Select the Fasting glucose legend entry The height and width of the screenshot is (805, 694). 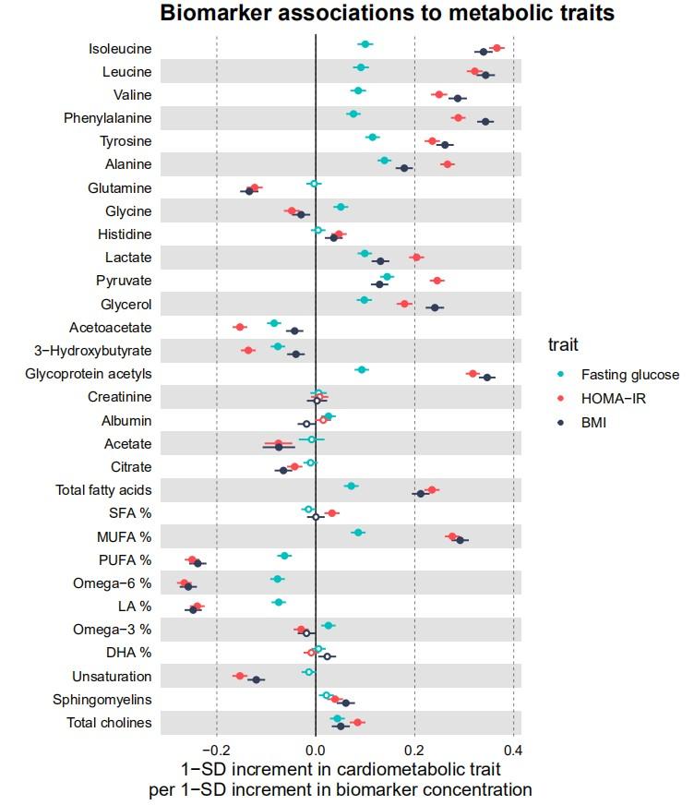(629, 375)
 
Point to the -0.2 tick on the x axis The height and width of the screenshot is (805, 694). (216, 750)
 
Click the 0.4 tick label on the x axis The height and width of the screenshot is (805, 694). (513, 750)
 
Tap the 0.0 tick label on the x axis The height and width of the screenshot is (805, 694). (316, 750)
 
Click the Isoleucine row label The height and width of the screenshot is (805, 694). (120, 49)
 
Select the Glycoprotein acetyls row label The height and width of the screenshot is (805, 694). (89, 374)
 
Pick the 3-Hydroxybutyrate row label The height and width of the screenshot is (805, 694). (92, 351)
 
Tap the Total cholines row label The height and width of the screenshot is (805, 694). (109, 723)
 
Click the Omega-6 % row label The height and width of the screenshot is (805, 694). (112, 583)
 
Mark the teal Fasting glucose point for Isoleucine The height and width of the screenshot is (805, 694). (365, 44)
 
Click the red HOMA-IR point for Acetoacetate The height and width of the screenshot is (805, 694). (240, 327)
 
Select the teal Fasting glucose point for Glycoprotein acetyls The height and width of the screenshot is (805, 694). (362, 369)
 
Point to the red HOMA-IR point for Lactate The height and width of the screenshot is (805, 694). (416, 258)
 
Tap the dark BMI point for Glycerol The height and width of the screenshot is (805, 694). (435, 306)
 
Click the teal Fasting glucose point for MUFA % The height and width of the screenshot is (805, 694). (358, 533)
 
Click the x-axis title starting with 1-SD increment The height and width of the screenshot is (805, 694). (341, 779)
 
